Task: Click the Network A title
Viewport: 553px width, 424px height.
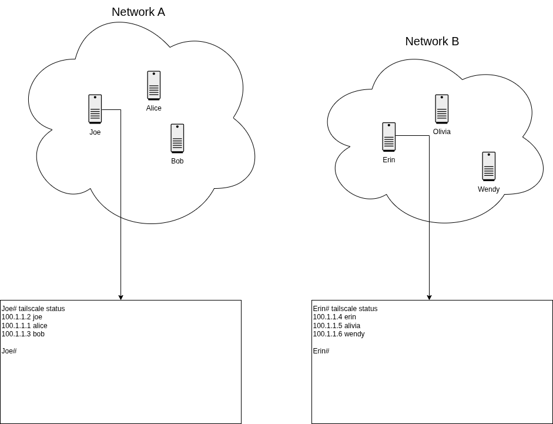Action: coord(138,12)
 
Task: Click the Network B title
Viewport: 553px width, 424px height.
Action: coord(432,41)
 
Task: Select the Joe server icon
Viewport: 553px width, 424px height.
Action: coord(95,109)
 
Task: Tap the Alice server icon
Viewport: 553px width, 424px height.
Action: coord(154,86)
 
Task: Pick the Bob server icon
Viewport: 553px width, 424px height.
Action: coord(177,139)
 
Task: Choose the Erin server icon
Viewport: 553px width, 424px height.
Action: coord(389,137)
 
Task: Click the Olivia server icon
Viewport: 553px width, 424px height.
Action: coord(442,109)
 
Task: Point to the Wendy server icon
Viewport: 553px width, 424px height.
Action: coord(489,166)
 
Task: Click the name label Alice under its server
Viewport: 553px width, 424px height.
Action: coord(154,108)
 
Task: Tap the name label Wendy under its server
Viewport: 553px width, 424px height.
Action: coord(488,189)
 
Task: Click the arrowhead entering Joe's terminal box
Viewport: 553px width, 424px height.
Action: coord(121,298)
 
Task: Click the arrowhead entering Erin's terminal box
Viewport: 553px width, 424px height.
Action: coord(429,298)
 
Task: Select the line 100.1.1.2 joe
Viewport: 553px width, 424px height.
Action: coord(22,317)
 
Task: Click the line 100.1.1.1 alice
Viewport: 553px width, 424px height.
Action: coord(24,326)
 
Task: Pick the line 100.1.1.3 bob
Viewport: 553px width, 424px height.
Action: coord(23,334)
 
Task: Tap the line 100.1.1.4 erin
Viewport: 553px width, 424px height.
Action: coord(334,317)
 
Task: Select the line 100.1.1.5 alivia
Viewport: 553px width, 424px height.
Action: coord(337,326)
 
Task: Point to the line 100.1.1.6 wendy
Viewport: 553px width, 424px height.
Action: coord(338,334)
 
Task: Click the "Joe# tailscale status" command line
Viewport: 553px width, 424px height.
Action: coord(33,309)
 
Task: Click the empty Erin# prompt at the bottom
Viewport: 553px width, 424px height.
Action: coord(321,351)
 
